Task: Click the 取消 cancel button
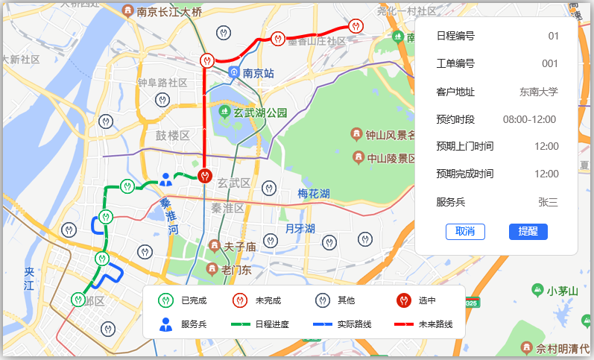pos(465,231)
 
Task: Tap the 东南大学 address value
pos(538,92)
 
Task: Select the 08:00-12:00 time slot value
pos(529,119)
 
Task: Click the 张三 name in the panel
pos(548,202)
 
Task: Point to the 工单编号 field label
pos(455,64)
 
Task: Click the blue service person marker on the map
pos(165,180)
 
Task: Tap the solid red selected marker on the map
pos(205,176)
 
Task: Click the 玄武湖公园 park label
pos(259,113)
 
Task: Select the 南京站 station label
pos(259,74)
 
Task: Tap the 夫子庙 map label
pos(240,246)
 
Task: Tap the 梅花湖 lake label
pos(314,194)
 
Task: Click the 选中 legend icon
pos(403,300)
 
